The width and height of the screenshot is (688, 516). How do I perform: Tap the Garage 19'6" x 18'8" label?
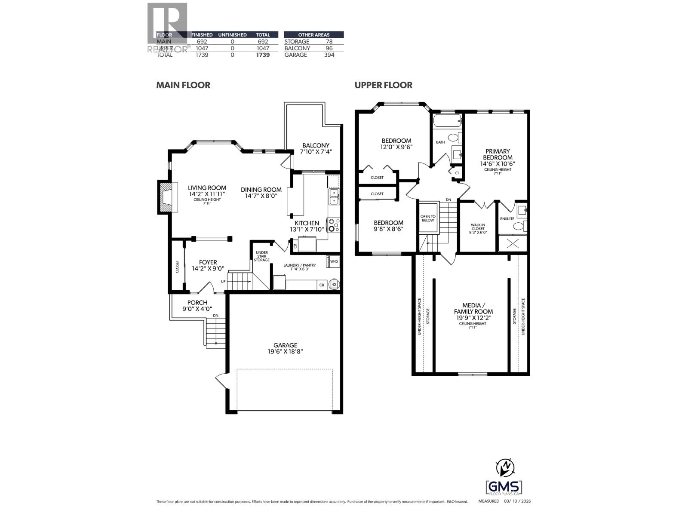[285, 348]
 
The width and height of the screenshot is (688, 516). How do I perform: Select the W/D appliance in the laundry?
[333, 261]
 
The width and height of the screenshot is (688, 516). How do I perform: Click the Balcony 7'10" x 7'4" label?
[316, 148]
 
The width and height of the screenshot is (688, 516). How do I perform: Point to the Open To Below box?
[428, 218]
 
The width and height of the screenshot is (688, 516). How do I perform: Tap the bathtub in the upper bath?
[447, 120]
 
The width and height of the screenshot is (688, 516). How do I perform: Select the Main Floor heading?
[183, 85]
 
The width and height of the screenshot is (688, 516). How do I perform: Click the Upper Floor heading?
[383, 85]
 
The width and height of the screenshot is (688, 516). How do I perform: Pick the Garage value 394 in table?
[329, 55]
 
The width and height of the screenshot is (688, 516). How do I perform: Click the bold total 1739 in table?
[263, 55]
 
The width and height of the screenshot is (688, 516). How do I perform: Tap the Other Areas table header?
[313, 35]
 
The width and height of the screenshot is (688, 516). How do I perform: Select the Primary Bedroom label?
[498, 157]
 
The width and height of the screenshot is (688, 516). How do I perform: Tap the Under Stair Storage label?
[262, 256]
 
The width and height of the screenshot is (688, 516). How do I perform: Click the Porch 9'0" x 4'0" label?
[197, 305]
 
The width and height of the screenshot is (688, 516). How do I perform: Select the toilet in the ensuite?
[519, 226]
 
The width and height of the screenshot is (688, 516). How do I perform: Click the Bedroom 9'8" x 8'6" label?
[388, 226]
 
